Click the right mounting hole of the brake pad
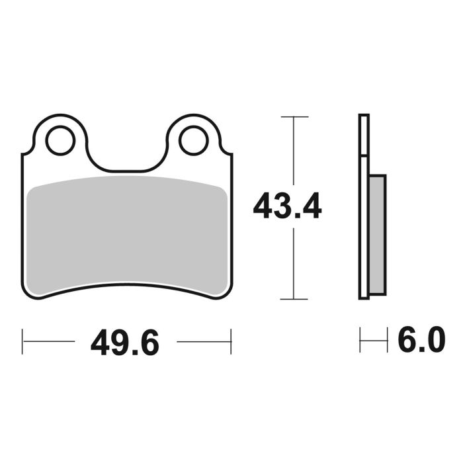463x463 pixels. (193, 141)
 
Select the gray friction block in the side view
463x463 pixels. (376, 235)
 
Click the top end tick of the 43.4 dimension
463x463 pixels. (294, 117)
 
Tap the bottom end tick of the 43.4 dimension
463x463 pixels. (294, 299)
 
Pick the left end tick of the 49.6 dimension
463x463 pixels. (22, 341)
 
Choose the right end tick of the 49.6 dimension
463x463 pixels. (231, 341)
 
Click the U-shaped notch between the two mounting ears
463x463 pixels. (126, 155)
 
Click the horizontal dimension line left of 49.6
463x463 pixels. (50, 342)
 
